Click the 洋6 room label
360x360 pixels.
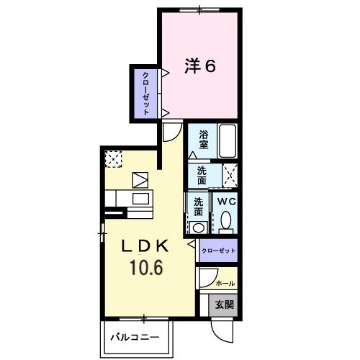tap(200, 66)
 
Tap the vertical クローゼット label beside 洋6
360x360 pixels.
tap(145, 93)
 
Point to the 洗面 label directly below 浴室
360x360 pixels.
tap(203, 175)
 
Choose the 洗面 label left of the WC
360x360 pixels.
tap(197, 207)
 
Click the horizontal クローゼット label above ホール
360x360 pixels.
tap(218, 251)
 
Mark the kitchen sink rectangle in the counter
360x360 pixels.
tap(140, 199)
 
